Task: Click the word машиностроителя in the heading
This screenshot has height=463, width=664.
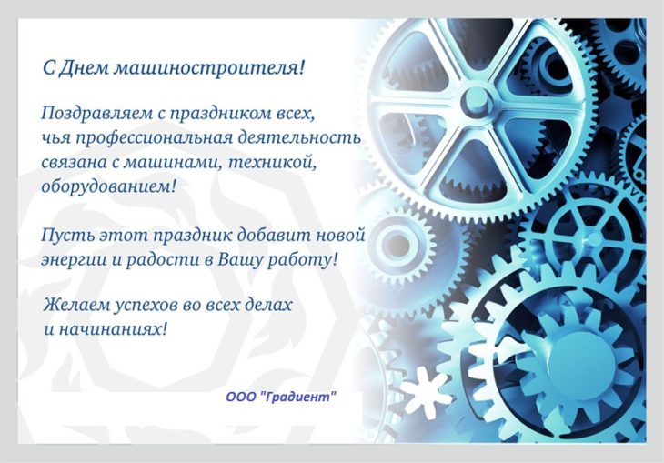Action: coord(209,68)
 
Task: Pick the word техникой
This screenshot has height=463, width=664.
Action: coord(272,162)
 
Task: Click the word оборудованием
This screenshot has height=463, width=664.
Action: coord(108,186)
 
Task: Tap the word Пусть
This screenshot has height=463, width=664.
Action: coord(67,235)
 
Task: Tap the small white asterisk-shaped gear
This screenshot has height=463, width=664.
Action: coord(426,390)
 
